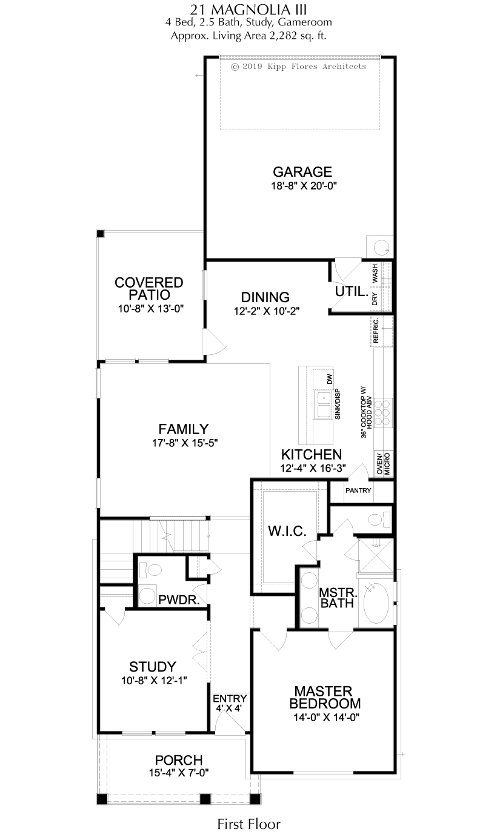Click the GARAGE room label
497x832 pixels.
[302, 172]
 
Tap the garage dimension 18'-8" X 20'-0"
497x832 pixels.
[304, 186]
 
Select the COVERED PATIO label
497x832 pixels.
[148, 289]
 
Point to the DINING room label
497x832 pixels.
[265, 297]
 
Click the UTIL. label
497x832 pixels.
[352, 292]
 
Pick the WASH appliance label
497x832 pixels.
[375, 273]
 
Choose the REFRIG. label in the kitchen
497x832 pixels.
[376, 330]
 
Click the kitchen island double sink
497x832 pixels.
[323, 405]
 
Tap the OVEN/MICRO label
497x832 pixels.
[383, 464]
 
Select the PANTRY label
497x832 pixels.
[358, 490]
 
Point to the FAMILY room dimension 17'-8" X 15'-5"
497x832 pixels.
[185, 443]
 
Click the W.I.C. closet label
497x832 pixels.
[287, 532]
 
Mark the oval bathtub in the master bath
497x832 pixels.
[376, 604]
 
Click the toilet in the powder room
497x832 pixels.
[150, 570]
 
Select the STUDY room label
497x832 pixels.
[152, 667]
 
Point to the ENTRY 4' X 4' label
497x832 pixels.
[230, 703]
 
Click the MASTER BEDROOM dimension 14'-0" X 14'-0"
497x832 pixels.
[326, 717]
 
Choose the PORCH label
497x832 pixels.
[179, 760]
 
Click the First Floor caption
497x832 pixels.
[248, 824]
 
